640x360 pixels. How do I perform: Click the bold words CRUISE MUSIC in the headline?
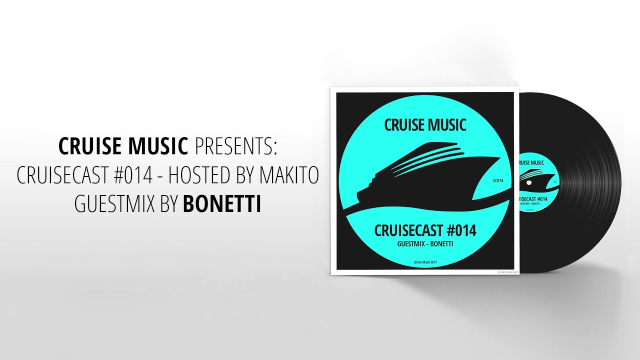(123, 146)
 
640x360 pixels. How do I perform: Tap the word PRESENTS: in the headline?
(235, 146)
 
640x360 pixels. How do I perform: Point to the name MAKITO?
(289, 175)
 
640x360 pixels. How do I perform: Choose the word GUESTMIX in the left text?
(114, 204)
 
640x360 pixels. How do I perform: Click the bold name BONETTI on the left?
(222, 204)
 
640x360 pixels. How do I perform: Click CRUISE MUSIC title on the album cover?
(425, 124)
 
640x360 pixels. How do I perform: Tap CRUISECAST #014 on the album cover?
(425, 231)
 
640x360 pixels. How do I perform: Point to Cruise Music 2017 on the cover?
(425, 262)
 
